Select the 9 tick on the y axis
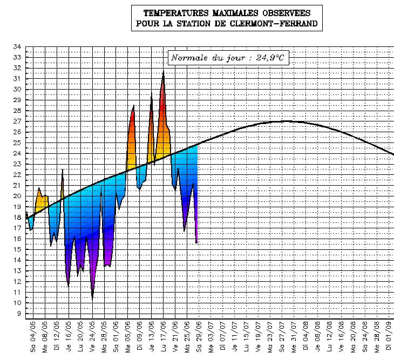pyautogui.click(x=19, y=313)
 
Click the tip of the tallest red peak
pyautogui.click(x=164, y=71)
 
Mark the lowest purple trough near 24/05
pyautogui.click(x=92, y=298)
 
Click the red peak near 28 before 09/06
pyautogui.click(x=133, y=106)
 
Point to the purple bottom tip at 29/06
pyautogui.click(x=197, y=242)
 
